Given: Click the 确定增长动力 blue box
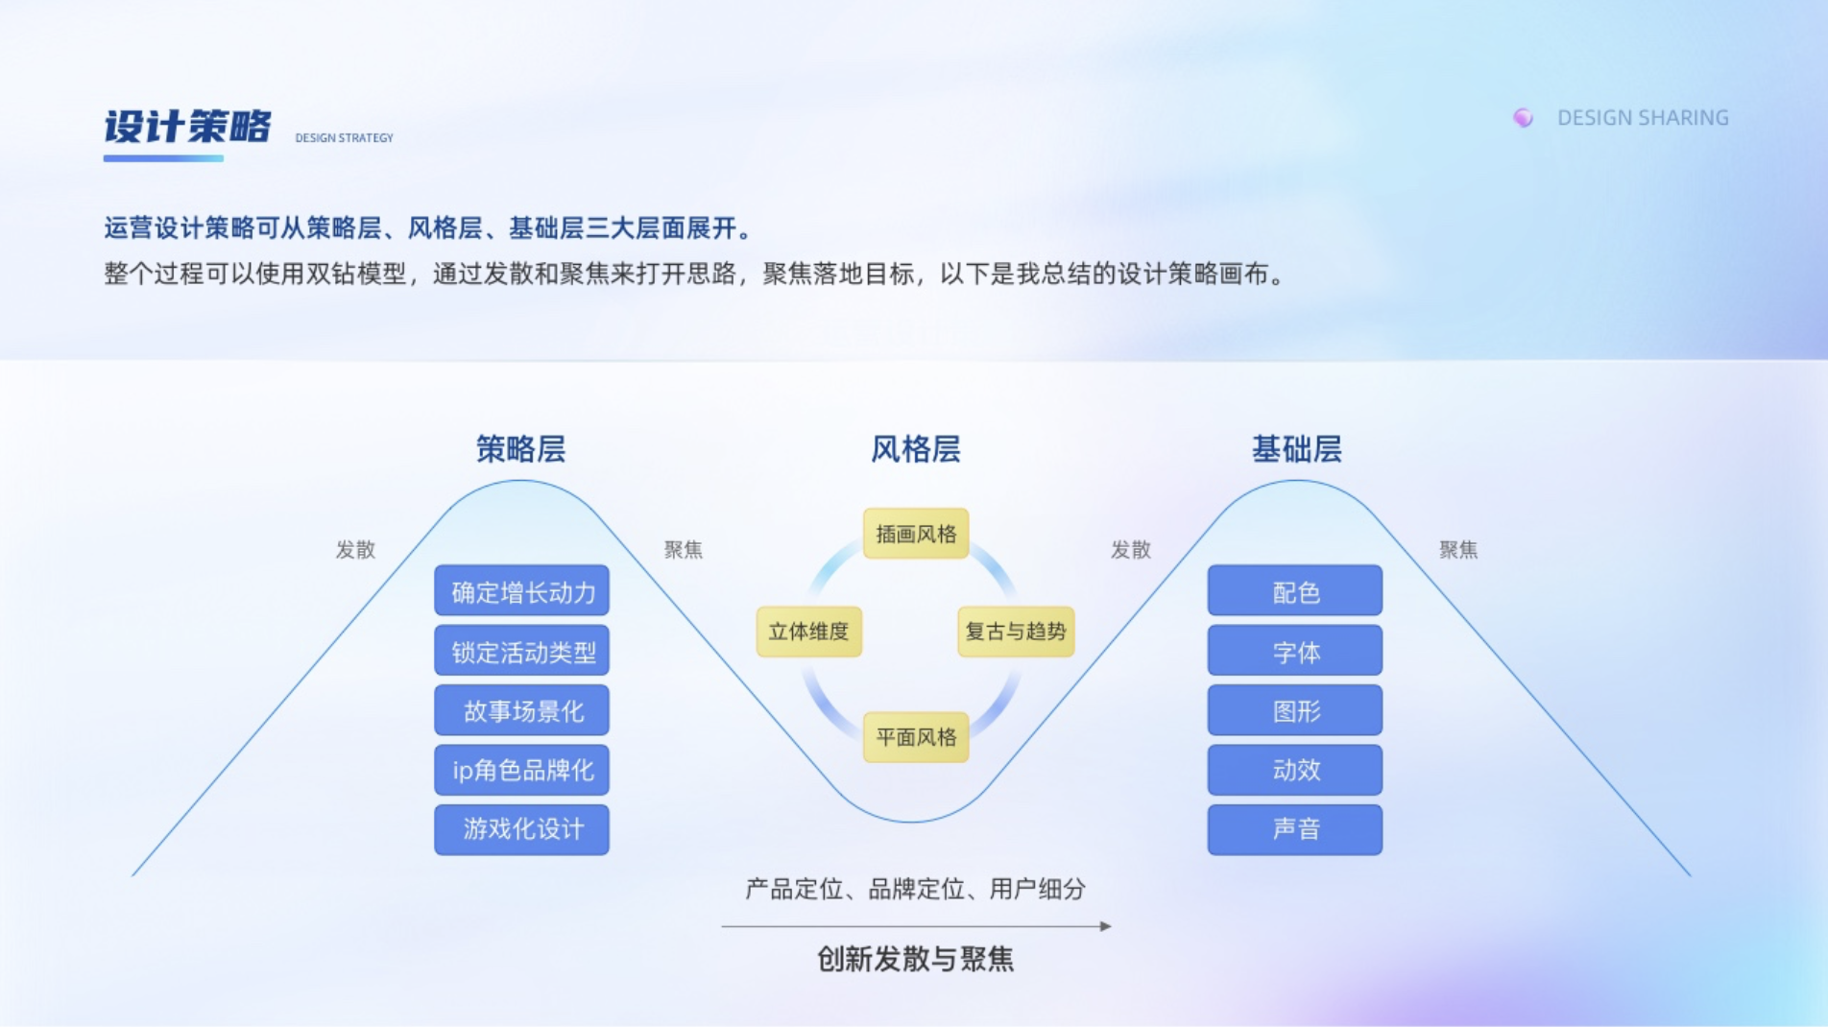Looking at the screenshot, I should [521, 591].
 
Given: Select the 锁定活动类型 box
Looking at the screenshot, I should [521, 652].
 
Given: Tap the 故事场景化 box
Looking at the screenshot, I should [521, 711].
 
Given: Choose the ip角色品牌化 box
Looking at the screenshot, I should [521, 770].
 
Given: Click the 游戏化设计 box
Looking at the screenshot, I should [521, 829].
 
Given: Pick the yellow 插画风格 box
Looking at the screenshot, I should [916, 534].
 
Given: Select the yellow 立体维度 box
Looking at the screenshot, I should [808, 632].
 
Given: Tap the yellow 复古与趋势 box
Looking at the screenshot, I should [1015, 632].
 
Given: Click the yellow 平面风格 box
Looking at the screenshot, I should [916, 737].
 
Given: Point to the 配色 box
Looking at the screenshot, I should [1294, 591].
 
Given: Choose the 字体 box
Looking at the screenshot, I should [1294, 652].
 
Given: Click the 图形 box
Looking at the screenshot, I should [1294, 711].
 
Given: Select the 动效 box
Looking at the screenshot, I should [1294, 770].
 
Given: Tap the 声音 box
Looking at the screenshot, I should [1294, 829].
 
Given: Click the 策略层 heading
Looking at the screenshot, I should [520, 449].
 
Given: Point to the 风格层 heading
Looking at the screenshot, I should [915, 449].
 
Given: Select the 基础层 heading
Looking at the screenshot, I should [1296, 449].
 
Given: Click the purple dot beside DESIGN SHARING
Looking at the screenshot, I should [1523, 117].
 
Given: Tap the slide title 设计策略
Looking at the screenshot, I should [187, 127].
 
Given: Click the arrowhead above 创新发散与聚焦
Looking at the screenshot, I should [1106, 926].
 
